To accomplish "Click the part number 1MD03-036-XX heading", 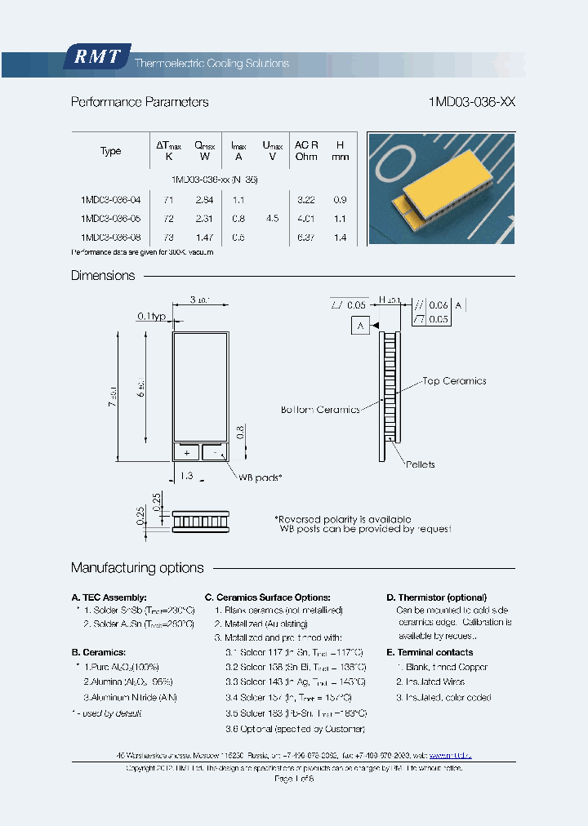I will pos(471,103).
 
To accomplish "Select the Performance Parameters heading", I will pos(140,103).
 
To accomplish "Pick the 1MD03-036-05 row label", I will pos(110,219).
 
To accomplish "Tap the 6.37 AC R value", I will pos(306,238).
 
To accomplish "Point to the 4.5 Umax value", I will pos(272,219).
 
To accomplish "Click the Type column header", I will pos(110,151).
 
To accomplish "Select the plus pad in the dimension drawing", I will pos(186,452).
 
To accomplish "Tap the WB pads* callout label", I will pos(260,477).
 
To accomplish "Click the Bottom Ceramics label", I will pos(320,410).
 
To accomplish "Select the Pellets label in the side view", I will pos(420,464).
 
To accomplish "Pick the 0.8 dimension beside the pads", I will pos(239,432).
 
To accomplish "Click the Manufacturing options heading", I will pos(137,568).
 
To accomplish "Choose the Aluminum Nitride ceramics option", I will pos(131,697).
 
